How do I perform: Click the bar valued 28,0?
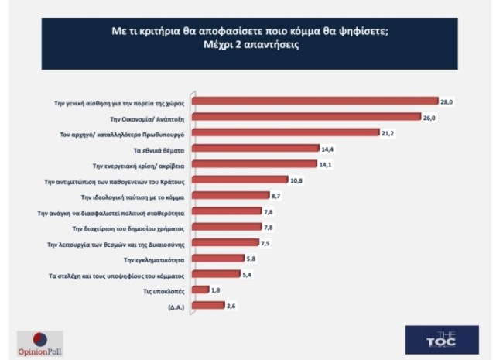pyautogui.click(x=315, y=100)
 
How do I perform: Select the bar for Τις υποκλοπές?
pyautogui.click(x=200, y=290)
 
